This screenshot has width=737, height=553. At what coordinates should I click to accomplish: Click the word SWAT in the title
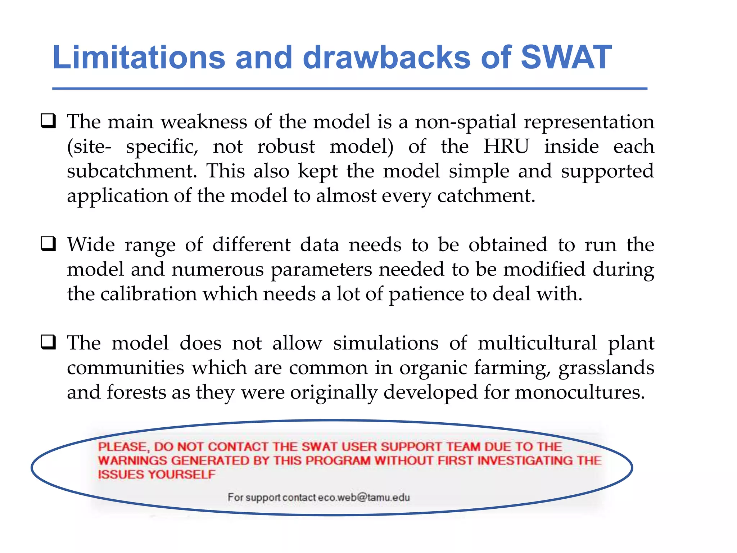pos(566,58)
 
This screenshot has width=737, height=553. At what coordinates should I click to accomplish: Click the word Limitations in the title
pos(139,58)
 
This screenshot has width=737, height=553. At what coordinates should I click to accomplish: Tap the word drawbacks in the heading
pos(386,58)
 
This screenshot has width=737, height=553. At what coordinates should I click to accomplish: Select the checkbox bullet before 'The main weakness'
pos(48,121)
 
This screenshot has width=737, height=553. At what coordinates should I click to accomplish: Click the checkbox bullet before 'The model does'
pos(48,342)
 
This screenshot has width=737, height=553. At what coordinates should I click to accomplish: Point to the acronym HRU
pos(506,146)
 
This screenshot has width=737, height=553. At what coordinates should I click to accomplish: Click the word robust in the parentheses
pos(286,146)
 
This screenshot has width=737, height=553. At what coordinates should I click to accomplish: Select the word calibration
pos(148,294)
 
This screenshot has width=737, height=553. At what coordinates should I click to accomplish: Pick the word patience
pos(426,295)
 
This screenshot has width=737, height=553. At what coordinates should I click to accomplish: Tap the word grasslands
pos(606,368)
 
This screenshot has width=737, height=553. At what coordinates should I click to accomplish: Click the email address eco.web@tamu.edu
pos(364,497)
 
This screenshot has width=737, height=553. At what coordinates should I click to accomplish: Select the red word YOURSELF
pos(181,475)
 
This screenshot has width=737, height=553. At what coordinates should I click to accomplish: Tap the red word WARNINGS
pos(132,460)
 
